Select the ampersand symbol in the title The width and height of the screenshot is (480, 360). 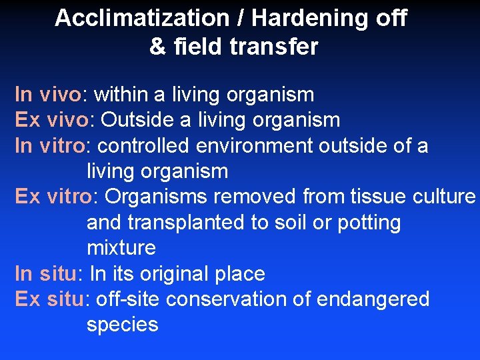(158, 47)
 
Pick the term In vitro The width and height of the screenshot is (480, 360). (49, 146)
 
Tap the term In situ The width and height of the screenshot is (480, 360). (46, 274)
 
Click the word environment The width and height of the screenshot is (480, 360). (258, 146)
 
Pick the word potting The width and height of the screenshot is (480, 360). (369, 223)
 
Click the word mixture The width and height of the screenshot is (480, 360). (121, 248)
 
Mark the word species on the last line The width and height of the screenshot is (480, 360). (122, 325)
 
